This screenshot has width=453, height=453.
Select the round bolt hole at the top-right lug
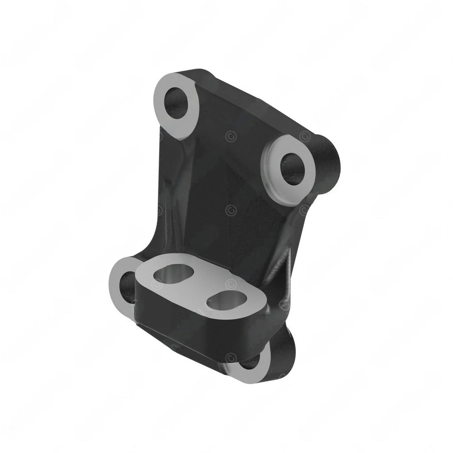click(x=292, y=169)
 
